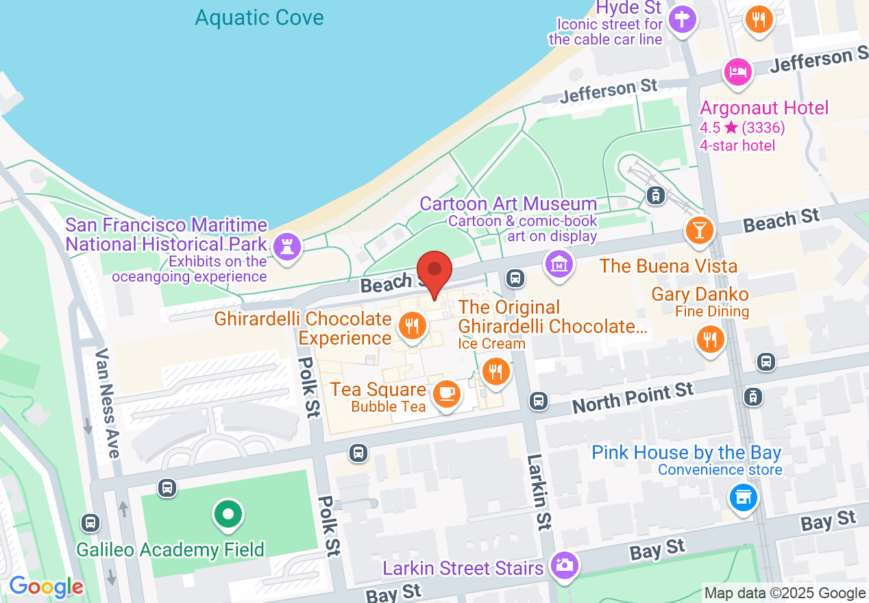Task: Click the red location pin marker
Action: click(x=434, y=273)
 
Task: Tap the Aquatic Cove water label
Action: click(x=259, y=17)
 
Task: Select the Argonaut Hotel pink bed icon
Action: click(x=737, y=71)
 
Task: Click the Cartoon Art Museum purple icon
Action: click(x=560, y=264)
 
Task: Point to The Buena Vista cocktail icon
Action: click(x=699, y=230)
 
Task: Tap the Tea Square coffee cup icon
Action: click(x=447, y=393)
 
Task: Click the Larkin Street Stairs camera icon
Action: click(x=565, y=565)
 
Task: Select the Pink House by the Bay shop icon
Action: click(x=744, y=496)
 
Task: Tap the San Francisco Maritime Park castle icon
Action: click(x=286, y=247)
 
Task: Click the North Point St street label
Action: click(x=633, y=398)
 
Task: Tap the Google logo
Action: click(x=47, y=587)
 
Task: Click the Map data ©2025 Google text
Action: click(x=785, y=593)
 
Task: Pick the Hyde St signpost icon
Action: click(x=683, y=19)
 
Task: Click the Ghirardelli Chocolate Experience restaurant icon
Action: click(x=411, y=326)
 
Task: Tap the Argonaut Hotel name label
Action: click(x=764, y=108)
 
